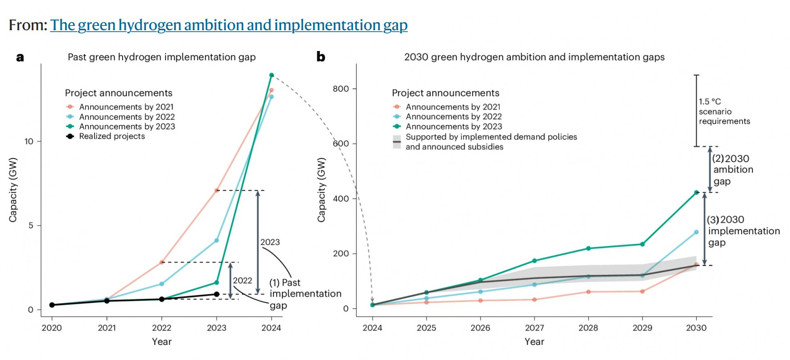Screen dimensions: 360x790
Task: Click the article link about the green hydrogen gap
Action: click(229, 25)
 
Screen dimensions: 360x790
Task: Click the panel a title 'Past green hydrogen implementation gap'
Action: click(162, 57)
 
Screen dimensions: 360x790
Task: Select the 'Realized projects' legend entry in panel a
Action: click(112, 136)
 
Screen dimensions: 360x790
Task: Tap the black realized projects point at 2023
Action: click(216, 294)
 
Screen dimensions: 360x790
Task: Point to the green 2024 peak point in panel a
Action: click(272, 75)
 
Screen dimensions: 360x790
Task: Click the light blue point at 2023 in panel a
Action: click(216, 240)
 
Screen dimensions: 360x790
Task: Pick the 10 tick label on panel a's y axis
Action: click(29, 142)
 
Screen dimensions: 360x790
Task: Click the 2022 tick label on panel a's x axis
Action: click(162, 328)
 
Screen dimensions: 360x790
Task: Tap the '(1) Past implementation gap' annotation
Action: click(305, 294)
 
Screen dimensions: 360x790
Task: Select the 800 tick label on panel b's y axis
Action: click(341, 89)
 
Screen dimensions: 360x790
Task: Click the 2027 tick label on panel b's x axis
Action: click(534, 328)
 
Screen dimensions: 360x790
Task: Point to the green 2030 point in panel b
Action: click(696, 193)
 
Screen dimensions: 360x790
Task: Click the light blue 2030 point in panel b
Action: click(696, 232)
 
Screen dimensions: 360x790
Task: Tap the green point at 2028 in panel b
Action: click(588, 249)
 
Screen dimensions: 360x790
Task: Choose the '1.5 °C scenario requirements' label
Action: click(724, 111)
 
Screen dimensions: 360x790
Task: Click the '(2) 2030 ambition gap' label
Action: click(733, 170)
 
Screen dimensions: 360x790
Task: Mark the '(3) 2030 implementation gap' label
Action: click(743, 231)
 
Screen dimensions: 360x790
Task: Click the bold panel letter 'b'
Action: click(321, 57)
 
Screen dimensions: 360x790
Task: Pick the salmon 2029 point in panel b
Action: click(642, 292)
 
